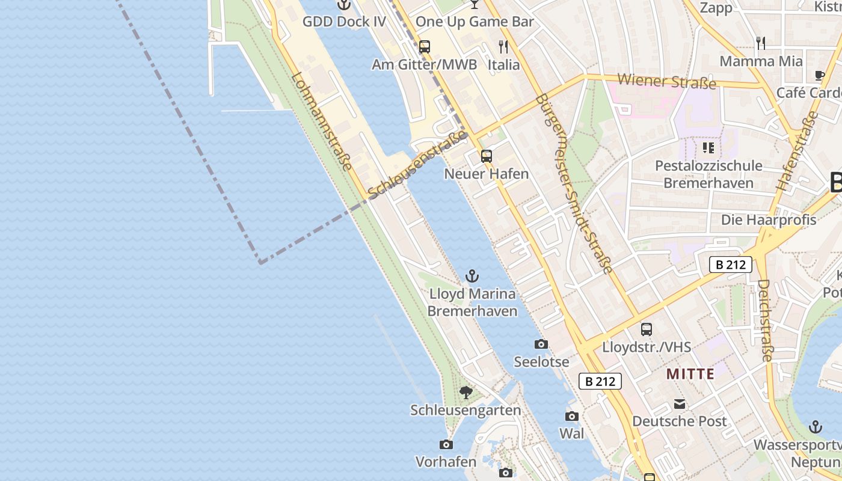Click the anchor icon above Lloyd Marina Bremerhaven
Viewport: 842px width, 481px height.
coord(472,277)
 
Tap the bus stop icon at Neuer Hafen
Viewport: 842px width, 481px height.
coord(486,156)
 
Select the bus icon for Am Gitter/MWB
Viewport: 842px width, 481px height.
coord(425,47)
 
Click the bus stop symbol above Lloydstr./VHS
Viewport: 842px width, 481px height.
coord(647,329)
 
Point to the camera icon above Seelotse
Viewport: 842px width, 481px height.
coord(541,345)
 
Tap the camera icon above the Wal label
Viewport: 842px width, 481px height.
coord(571,416)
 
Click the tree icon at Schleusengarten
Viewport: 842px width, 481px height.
coord(466,393)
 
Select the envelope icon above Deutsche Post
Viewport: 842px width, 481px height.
coord(680,404)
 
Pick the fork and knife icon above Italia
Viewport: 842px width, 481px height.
coord(503,46)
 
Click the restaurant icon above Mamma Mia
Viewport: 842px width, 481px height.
coord(761,43)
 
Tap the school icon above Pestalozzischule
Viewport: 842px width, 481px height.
coord(708,147)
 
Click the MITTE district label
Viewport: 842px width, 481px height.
coord(690,374)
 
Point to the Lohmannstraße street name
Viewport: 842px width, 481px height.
coord(321,121)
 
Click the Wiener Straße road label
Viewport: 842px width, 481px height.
coord(666,81)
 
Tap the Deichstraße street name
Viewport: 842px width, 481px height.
coord(764,320)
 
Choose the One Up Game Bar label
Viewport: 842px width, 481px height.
coord(475,22)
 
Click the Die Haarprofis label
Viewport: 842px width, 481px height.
coord(769,220)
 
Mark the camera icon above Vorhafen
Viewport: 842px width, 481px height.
coord(446,444)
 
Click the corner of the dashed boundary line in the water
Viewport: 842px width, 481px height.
coord(260,263)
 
